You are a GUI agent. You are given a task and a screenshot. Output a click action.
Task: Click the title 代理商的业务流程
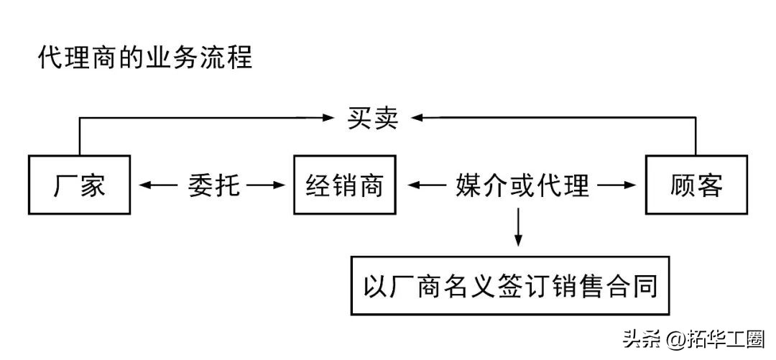tap(145, 57)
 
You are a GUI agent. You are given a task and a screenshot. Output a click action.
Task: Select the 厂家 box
tap(79, 185)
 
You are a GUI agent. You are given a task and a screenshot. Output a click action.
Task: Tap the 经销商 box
tap(344, 185)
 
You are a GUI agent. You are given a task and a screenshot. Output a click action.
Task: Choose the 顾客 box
tap(696, 185)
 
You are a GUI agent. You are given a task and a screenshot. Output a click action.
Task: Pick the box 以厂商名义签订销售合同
tap(511, 285)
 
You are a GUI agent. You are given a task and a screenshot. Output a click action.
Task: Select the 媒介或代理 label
tap(522, 185)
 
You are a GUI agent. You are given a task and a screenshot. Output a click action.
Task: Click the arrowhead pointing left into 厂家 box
tap(144, 185)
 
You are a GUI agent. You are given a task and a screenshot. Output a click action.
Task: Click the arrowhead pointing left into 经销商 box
tap(412, 185)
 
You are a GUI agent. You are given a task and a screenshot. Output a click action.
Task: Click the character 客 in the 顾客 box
tap(708, 185)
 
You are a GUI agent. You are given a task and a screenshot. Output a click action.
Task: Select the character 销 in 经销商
tap(344, 185)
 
